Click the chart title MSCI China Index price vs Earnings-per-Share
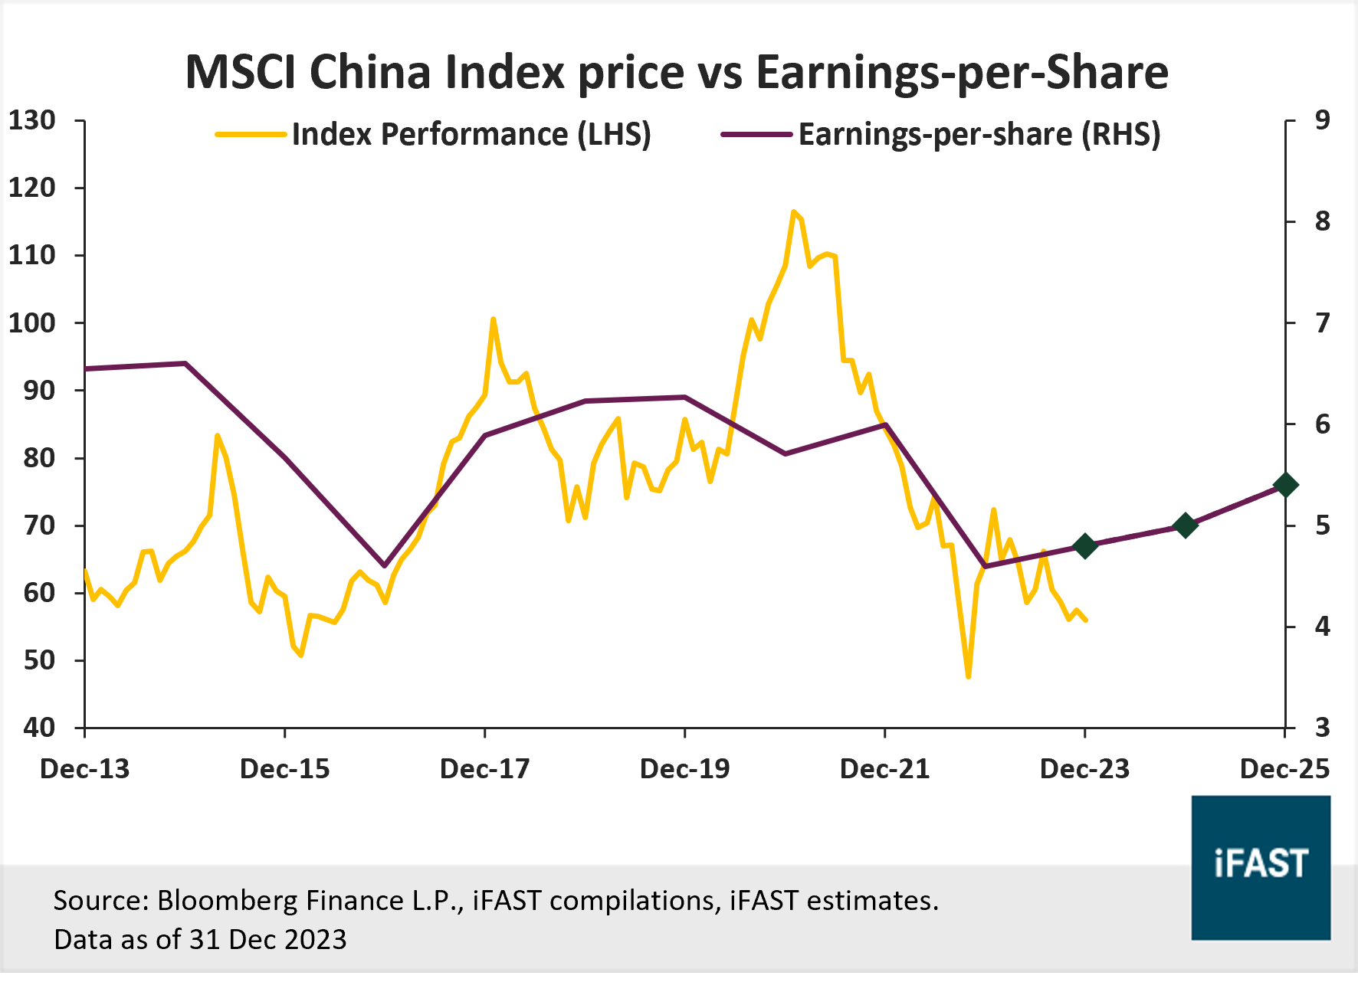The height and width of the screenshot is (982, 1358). (x=677, y=72)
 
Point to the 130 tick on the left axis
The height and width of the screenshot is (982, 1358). (x=32, y=120)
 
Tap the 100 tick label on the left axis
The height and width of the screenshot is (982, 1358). (x=32, y=322)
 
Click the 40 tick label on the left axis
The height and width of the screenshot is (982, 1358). (x=38, y=727)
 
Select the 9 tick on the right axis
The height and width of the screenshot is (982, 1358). (x=1322, y=120)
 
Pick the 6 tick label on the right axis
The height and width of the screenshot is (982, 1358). (x=1322, y=424)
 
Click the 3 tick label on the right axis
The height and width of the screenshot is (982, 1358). (x=1322, y=727)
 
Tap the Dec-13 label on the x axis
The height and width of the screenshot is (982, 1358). (x=84, y=768)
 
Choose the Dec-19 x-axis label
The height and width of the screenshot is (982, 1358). (x=684, y=768)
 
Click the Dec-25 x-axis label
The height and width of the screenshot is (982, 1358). (x=1284, y=768)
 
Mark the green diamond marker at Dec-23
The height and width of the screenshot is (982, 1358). (x=1084, y=546)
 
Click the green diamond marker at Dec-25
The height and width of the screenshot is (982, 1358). (x=1285, y=485)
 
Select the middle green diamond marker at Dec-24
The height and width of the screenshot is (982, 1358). (x=1185, y=525)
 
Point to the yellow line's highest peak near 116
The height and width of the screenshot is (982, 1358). (x=793, y=211)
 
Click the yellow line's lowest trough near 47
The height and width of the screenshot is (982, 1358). (x=969, y=676)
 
